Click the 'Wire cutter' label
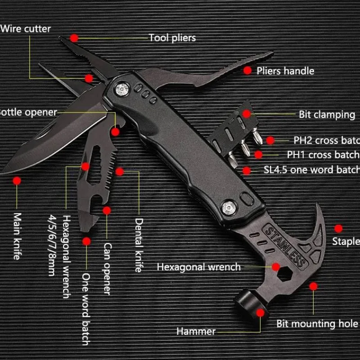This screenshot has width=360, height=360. (26, 29)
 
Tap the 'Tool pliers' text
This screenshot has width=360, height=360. (172, 38)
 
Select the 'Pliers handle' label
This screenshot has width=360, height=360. (285, 71)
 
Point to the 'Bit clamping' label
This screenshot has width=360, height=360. (327, 114)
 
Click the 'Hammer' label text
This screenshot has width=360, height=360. (196, 332)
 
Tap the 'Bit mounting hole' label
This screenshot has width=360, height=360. (317, 324)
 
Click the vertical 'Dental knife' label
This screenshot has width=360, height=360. (139, 245)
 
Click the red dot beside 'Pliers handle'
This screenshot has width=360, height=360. (247, 70)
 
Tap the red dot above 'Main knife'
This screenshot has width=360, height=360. (17, 181)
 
